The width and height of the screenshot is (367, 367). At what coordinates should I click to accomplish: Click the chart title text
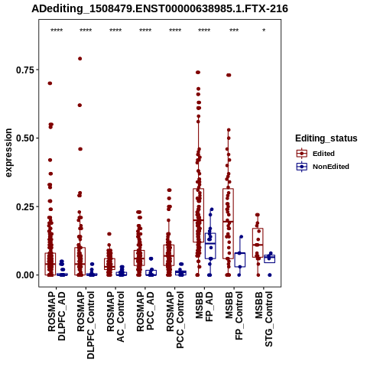click(x=160, y=9)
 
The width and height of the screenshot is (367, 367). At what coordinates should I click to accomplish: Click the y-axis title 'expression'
click(x=8, y=153)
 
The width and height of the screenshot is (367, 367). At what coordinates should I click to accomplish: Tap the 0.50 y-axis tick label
click(x=25, y=138)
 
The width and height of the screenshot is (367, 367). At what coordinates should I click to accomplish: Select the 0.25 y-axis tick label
click(x=25, y=206)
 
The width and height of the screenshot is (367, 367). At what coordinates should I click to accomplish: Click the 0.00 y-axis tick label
click(x=25, y=275)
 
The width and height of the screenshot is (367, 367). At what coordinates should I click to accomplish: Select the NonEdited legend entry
click(x=323, y=167)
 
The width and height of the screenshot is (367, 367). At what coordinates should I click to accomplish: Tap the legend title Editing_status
click(x=326, y=138)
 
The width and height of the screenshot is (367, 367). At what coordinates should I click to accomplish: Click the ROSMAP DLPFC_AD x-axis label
click(x=57, y=316)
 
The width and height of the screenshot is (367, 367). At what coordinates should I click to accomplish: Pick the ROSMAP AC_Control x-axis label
click(x=115, y=317)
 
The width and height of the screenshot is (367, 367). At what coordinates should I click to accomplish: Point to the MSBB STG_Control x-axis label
click(x=264, y=319)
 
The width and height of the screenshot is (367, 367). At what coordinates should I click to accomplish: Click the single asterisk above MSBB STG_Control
click(x=264, y=31)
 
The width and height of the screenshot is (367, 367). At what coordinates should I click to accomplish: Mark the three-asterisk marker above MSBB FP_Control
click(x=234, y=31)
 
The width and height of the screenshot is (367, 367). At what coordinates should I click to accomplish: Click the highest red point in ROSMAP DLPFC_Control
click(x=80, y=59)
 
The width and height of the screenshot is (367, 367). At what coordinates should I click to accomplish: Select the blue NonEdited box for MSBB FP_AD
click(x=210, y=245)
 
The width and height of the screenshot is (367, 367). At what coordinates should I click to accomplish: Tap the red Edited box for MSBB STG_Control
click(x=258, y=242)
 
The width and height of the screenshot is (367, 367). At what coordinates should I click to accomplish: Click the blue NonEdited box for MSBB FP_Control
click(x=240, y=260)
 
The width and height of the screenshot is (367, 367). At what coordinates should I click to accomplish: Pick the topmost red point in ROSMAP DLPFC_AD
click(x=50, y=83)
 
